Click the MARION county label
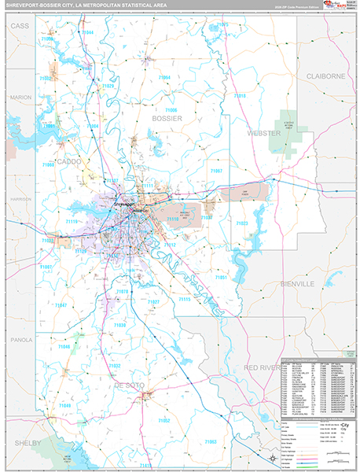[20, 97]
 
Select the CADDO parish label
[69, 160]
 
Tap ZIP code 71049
[64, 405]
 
